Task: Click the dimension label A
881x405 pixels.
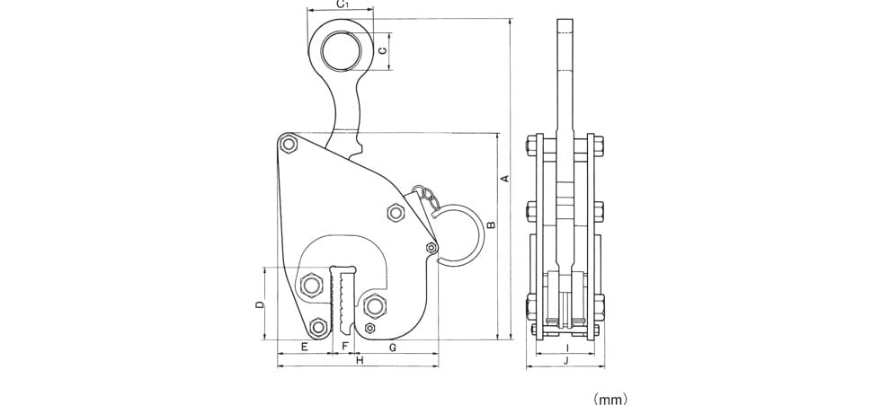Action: click(504, 179)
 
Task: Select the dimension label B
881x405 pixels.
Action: click(491, 225)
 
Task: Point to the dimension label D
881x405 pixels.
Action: click(259, 304)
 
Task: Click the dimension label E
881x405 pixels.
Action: click(304, 347)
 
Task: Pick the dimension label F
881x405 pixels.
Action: click(345, 347)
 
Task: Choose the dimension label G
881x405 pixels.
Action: click(394, 348)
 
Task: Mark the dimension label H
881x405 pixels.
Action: click(360, 360)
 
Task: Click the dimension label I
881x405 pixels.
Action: click(567, 348)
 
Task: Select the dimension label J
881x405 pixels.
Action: click(566, 361)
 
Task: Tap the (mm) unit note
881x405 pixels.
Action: click(610, 400)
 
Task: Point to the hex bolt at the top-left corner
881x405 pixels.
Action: click(289, 145)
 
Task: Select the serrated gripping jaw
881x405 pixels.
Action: click(343, 301)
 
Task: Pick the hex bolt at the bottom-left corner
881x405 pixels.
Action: click(318, 327)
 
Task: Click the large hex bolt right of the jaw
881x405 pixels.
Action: click(374, 306)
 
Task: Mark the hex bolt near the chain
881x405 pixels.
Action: click(396, 213)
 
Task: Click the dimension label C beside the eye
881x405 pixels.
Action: click(383, 51)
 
